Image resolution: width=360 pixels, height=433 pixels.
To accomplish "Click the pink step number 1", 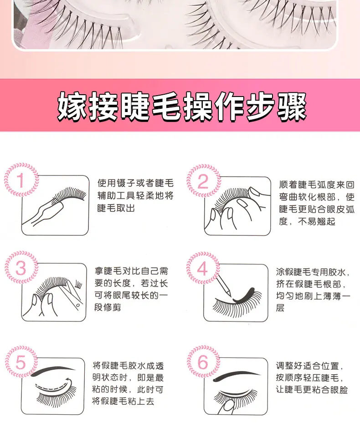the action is (x=21, y=180).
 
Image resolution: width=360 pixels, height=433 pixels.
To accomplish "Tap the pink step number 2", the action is (x=203, y=181).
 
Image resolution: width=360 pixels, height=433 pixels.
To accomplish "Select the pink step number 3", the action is (x=21, y=268).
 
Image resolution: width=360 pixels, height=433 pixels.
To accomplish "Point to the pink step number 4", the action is (x=202, y=269).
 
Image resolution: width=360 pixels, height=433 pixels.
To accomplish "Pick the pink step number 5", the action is (x=21, y=362).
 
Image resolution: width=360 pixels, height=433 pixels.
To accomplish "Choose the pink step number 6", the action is (x=203, y=362).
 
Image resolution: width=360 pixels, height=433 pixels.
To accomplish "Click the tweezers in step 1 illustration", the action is (x=44, y=211).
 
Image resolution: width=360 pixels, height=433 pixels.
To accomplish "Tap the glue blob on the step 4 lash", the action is (x=243, y=295).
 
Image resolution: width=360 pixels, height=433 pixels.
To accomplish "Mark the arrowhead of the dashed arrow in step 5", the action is (x=69, y=382).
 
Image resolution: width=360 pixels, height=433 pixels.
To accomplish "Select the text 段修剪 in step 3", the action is (x=108, y=307).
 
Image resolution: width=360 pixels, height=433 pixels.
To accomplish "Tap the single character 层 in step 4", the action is (x=280, y=308).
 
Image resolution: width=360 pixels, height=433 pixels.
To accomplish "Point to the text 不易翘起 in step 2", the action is (x=317, y=221).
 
